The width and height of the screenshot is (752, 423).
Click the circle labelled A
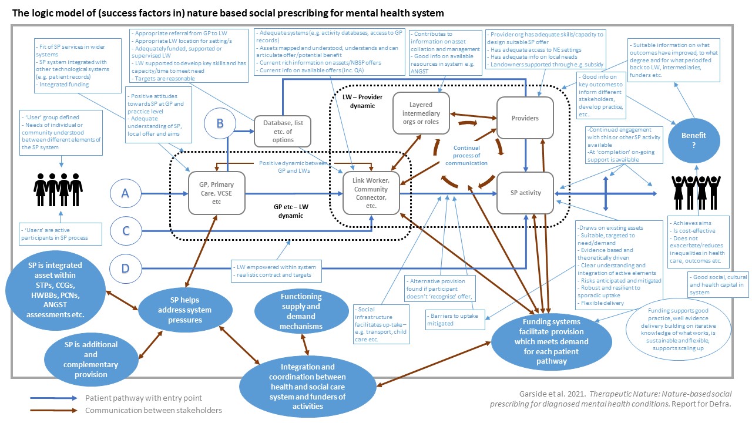[125, 193]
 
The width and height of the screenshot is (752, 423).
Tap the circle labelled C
[125, 231]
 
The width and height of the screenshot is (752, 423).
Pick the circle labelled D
[125, 269]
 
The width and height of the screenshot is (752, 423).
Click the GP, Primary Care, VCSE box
[216, 193]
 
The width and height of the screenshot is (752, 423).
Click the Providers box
[525, 117]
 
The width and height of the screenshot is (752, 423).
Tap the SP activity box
[525, 193]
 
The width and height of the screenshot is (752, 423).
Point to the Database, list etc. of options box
[283, 130]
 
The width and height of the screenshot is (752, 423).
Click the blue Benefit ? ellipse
[694, 139]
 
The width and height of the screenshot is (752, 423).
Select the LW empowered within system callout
[274, 271]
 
